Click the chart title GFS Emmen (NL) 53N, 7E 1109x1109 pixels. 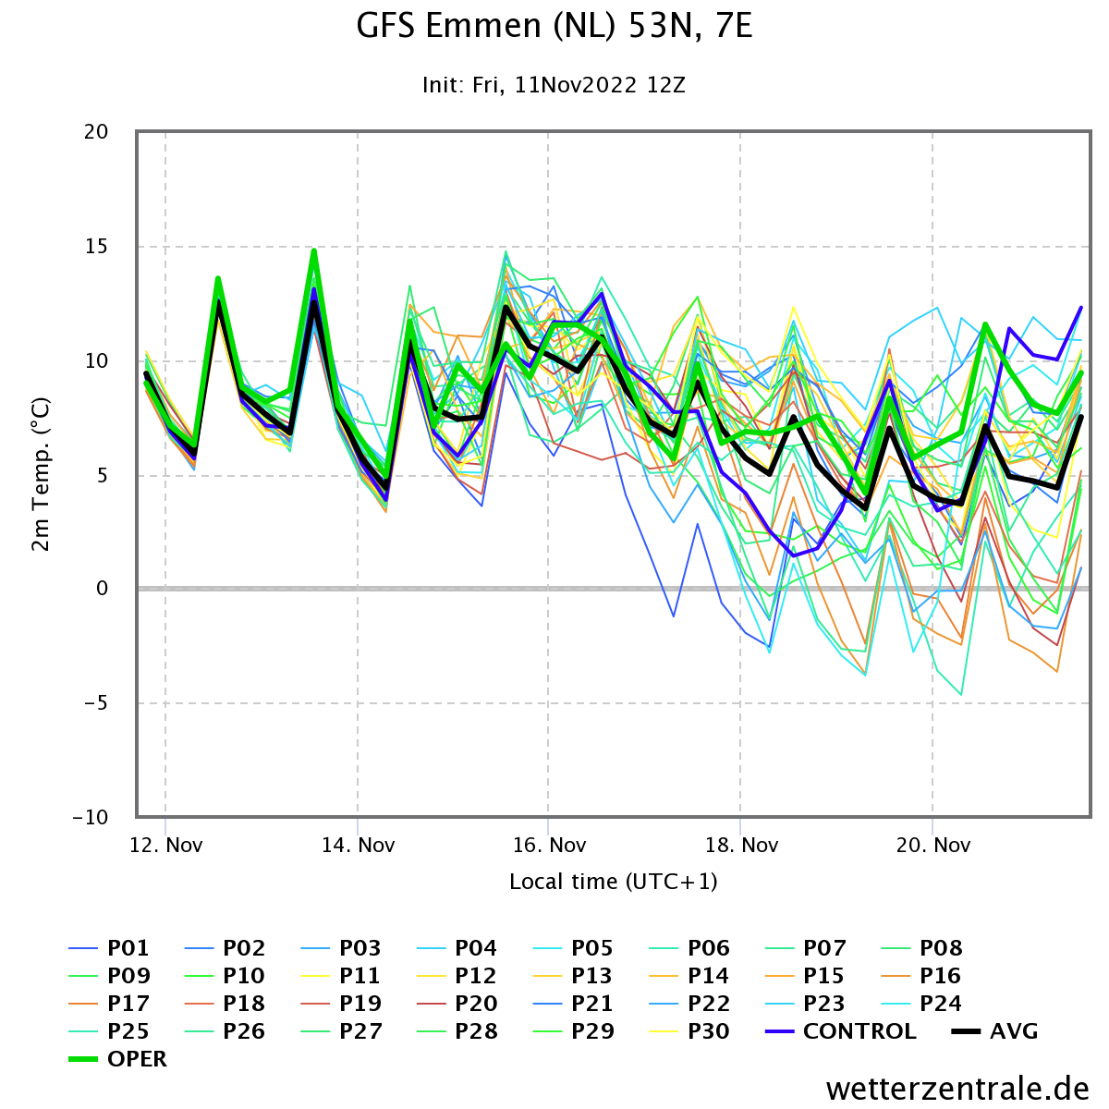coord(554,27)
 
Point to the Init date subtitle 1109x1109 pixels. coord(554,85)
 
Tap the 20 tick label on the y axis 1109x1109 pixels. coord(96,132)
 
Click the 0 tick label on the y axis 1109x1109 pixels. coord(102,588)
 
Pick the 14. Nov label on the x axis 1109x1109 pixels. coord(358,845)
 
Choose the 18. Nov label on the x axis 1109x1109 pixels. coord(741,845)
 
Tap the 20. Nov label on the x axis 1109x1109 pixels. coord(932,845)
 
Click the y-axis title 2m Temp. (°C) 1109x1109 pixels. coord(41,474)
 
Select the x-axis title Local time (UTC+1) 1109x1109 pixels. coord(614,882)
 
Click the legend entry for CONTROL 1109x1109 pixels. coord(841,1031)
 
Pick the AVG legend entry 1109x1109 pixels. coord(995,1031)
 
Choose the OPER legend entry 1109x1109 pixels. coord(118,1059)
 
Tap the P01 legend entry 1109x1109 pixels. coord(109,948)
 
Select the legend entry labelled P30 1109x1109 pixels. coord(689,1031)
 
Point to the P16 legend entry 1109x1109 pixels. coord(921,976)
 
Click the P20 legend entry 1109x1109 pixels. coord(457,1003)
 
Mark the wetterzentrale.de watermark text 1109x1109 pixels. coord(957,1089)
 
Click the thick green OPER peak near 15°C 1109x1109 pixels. coord(314,251)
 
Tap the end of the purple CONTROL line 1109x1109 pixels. coord(1080,308)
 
